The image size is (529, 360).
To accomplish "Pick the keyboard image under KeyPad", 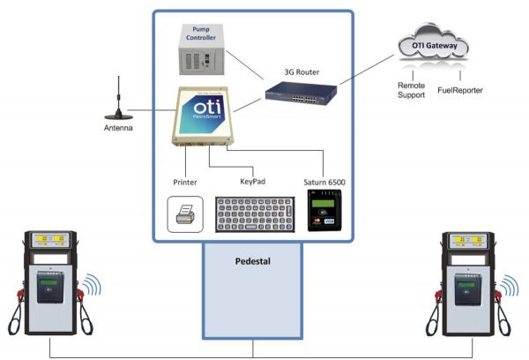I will click(x=254, y=213).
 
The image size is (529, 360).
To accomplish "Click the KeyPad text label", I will click(x=253, y=181).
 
